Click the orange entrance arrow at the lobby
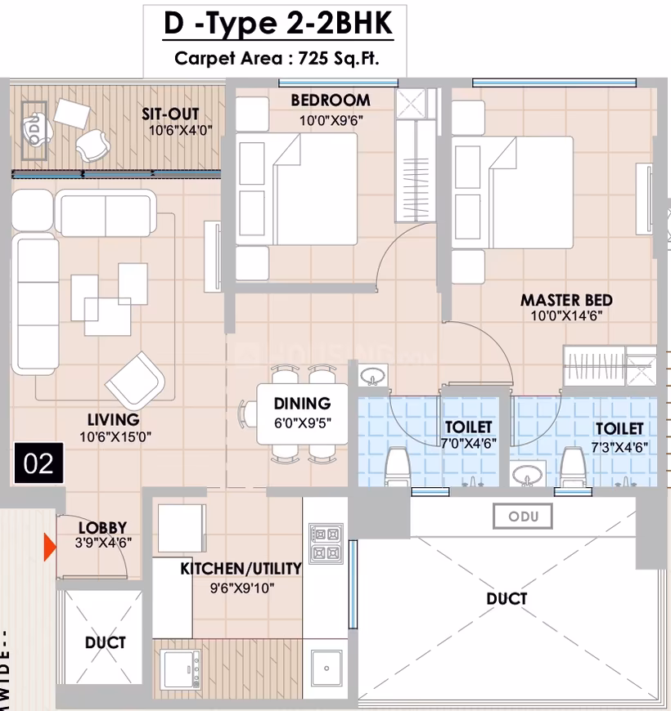[49, 548]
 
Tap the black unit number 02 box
[38, 463]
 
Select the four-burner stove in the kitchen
[326, 543]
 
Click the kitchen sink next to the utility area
[326, 668]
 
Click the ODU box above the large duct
[523, 516]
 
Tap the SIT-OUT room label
[170, 114]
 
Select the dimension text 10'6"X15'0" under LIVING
[115, 437]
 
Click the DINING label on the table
[302, 404]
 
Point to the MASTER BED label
[566, 300]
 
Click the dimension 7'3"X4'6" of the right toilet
[619, 447]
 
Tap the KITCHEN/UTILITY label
[241, 568]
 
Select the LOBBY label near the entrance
[102, 528]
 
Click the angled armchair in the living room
[135, 379]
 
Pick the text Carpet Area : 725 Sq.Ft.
[277, 59]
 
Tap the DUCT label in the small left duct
[105, 642]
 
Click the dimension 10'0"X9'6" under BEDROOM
[331, 121]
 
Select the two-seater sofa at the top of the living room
[106, 213]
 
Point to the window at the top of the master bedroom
[554, 83]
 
